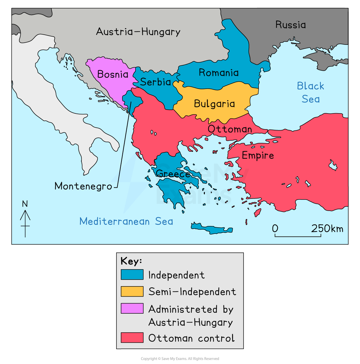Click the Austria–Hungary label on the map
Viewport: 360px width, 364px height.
(x=138, y=32)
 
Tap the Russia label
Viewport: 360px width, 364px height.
(x=290, y=25)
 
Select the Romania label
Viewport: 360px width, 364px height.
(x=219, y=73)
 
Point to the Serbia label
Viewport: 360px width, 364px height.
(x=155, y=82)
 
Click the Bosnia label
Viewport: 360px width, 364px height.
(x=113, y=75)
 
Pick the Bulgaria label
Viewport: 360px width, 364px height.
(x=214, y=104)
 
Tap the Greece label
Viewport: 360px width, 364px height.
(x=173, y=174)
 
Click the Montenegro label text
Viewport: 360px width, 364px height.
(x=83, y=186)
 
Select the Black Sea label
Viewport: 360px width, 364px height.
(x=311, y=92)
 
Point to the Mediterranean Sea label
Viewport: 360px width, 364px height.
(x=126, y=221)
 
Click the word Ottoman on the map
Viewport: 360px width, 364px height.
(x=230, y=129)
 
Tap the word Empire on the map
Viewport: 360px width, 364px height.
(x=258, y=155)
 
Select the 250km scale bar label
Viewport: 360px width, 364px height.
(x=327, y=229)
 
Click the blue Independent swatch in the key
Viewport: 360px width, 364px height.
(x=132, y=274)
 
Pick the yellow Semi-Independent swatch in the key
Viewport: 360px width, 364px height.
(x=132, y=291)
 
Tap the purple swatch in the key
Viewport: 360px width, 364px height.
(x=132, y=308)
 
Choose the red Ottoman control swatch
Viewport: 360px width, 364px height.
(x=132, y=338)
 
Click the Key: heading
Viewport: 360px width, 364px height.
(x=131, y=261)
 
